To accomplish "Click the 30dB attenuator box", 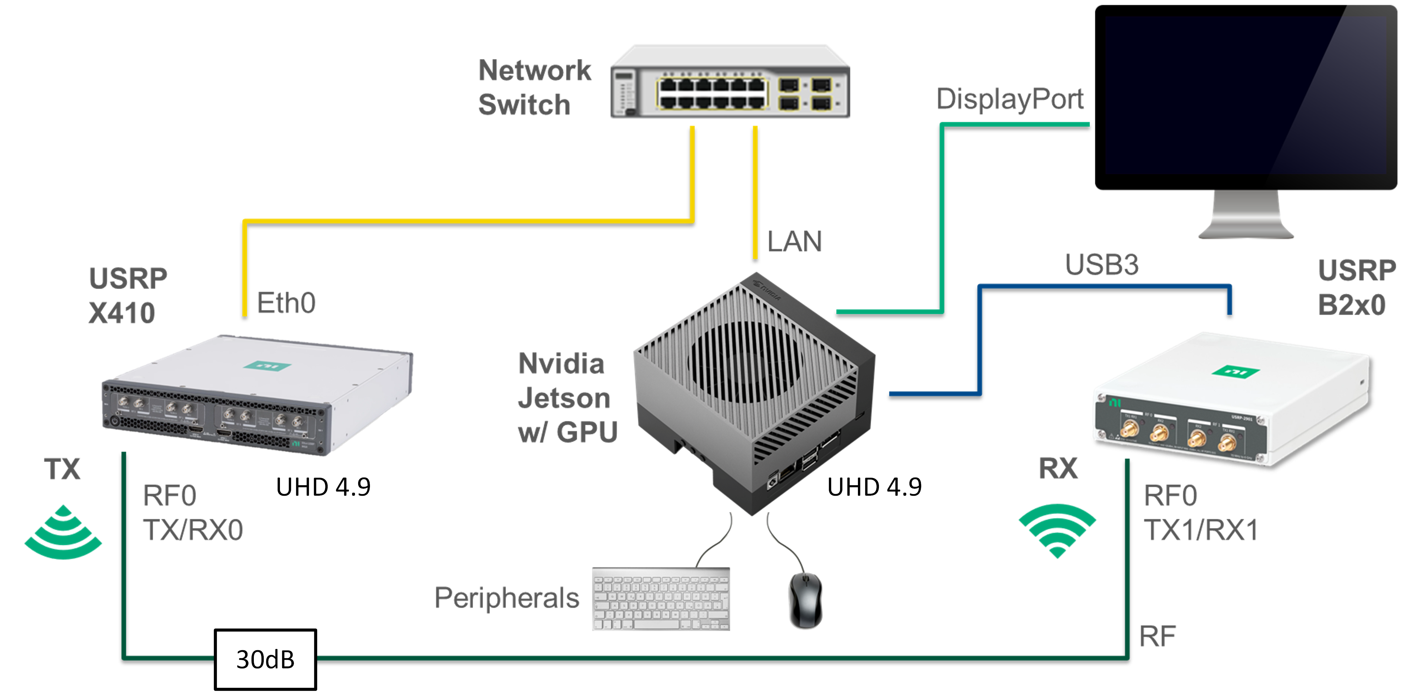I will tap(265, 659).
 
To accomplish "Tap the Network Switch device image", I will tap(730, 83).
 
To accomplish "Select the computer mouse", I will tap(805, 600).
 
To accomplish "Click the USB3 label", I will tap(1101, 265).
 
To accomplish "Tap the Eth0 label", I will tap(286, 303).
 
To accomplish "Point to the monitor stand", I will tap(1246, 216).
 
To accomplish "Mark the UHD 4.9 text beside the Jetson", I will tap(874, 487).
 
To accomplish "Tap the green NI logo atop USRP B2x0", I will tap(1235, 372).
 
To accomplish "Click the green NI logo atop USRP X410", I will tap(268, 365).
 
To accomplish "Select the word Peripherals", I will tap(506, 598).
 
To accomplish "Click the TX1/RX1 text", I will tap(1201, 530).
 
